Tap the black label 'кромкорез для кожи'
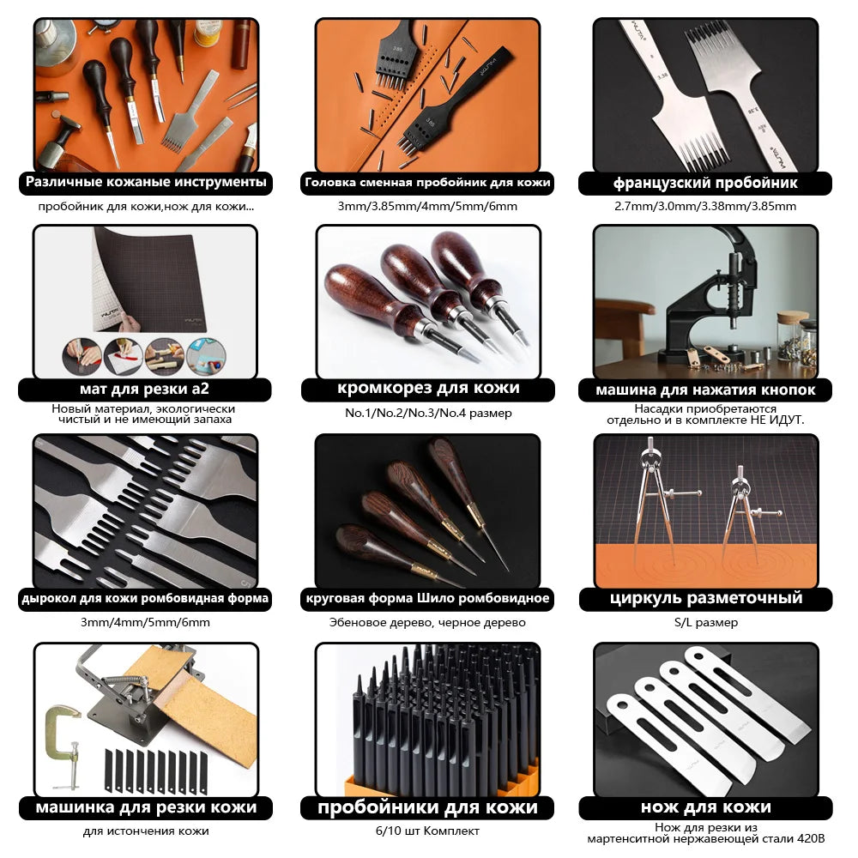click(x=428, y=389)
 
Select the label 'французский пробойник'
click(x=705, y=183)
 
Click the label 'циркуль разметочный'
click(x=705, y=598)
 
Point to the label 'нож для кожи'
click(x=705, y=807)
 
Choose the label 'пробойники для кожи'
click(x=428, y=807)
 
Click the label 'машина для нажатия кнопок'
click(x=705, y=390)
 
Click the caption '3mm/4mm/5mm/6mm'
click(x=145, y=622)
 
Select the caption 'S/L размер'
click(x=705, y=622)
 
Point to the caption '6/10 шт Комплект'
click(x=428, y=831)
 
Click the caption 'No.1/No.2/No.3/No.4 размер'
click(x=428, y=413)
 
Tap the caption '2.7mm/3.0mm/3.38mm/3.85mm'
click(x=705, y=206)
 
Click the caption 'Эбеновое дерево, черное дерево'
click(x=428, y=622)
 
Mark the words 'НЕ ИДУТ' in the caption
click(x=776, y=420)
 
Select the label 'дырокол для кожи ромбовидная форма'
click(x=145, y=598)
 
